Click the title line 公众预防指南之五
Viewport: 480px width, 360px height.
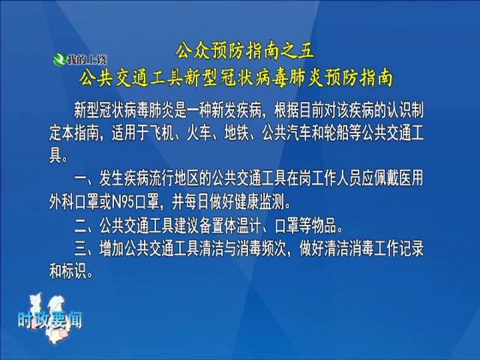pyautogui.click(x=244, y=52)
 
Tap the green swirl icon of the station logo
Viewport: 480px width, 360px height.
pyautogui.click(x=59, y=59)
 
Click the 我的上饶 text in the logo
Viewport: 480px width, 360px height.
pyautogui.click(x=87, y=60)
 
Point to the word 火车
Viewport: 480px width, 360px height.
pyautogui.click(x=199, y=133)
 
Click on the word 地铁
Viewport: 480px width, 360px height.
pyautogui.click(x=237, y=133)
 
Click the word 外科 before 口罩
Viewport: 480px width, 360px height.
pyautogui.click(x=61, y=202)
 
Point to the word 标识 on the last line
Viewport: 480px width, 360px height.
pyautogui.click(x=74, y=271)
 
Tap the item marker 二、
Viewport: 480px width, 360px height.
pyautogui.click(x=86, y=226)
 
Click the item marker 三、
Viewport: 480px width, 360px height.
pyautogui.click(x=86, y=249)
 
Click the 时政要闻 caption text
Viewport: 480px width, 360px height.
pyautogui.click(x=50, y=320)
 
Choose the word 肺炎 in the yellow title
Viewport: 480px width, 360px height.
pyautogui.click(x=304, y=78)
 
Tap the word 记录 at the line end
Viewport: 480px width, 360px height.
pyautogui.click(x=412, y=248)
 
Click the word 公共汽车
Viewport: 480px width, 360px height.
pyautogui.click(x=286, y=133)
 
